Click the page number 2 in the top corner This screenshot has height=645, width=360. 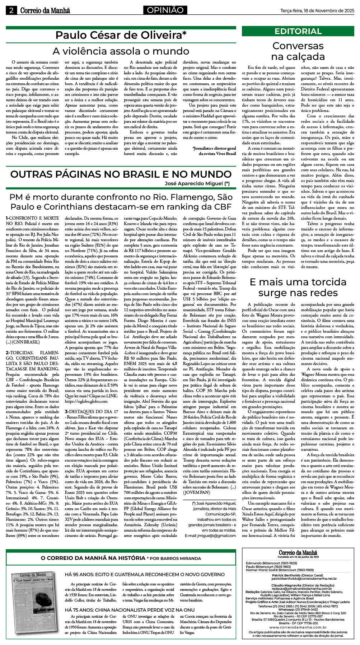pos(11,11)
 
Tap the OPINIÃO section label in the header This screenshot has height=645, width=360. pos(165,10)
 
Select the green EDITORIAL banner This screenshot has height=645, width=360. pos(298,32)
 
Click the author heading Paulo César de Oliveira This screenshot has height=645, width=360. pos(121,35)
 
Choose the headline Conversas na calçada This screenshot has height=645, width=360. pos(298,51)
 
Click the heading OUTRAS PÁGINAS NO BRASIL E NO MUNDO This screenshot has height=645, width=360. pos(121,174)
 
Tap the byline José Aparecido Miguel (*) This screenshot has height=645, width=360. pos(197,183)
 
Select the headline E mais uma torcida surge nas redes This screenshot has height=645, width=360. pos(298,287)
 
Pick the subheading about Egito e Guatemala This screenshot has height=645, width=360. pos(145,574)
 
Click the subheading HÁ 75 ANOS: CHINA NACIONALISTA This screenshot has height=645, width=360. pos(130,610)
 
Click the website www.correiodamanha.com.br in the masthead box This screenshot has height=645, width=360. pos(298,627)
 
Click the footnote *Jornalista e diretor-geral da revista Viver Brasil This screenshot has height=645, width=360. pos(214,151)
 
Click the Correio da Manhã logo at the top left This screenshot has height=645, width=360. pos(45,11)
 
